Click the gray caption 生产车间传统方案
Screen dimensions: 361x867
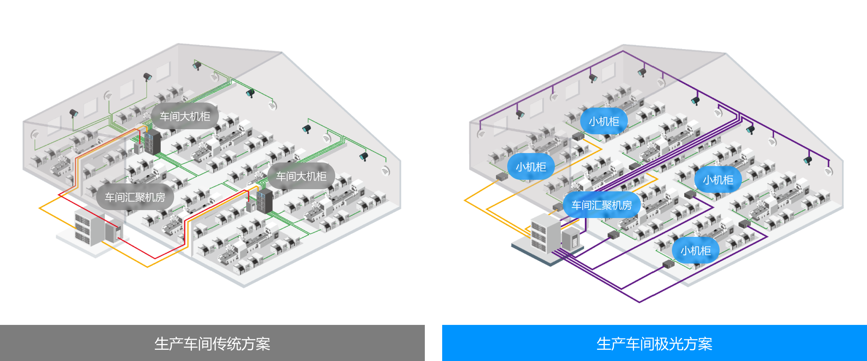coord(212,344)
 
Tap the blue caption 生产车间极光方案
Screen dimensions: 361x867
coord(654,344)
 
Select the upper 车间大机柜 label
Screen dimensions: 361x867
coord(185,116)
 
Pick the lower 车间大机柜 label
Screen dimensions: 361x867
coord(301,176)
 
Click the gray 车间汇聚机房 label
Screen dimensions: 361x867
coord(135,197)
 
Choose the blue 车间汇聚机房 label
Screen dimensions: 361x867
coord(602,205)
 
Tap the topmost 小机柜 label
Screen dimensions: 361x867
coord(604,121)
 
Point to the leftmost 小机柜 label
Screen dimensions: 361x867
coord(531,167)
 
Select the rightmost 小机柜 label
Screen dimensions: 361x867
coord(718,179)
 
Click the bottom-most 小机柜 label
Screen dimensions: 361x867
coord(696,250)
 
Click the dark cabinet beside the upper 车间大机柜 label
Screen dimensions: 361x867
coord(152,142)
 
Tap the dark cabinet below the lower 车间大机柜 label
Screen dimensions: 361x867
coord(265,201)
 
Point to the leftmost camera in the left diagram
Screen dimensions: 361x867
coord(74,113)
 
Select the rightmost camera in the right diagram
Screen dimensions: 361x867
coord(808,160)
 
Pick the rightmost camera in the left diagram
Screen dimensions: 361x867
coord(363,156)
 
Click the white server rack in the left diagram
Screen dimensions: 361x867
coord(89,227)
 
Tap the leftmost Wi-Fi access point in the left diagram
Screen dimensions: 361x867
coord(35,135)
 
